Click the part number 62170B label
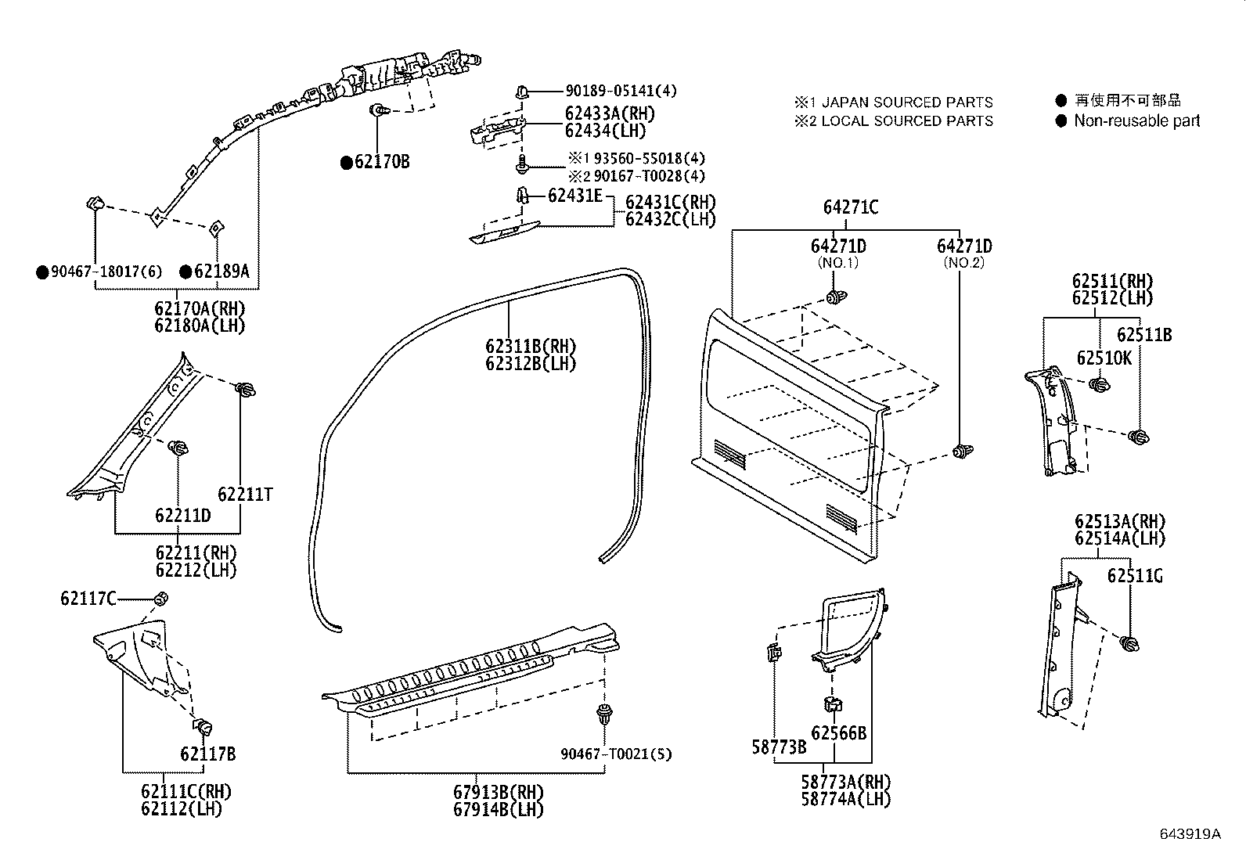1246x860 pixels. pos(382,162)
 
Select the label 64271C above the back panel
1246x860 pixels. pos(850,207)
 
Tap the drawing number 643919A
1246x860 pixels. pos(1190,833)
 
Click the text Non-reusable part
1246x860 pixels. pos(1136,121)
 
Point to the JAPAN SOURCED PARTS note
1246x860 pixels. pos(893,103)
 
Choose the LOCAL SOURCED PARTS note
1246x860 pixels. pos(893,121)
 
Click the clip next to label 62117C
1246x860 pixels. pos(160,599)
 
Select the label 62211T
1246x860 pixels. pos(245,494)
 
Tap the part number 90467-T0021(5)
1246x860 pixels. pos(616,754)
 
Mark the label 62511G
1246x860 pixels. pos(1134,576)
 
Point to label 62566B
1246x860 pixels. pos(838,733)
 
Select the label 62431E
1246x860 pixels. pos(575,195)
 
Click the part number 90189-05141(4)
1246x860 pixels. pos(621,91)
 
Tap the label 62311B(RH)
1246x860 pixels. pos(530,346)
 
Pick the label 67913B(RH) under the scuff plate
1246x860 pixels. pos(498,791)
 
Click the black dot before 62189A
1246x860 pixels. pos(185,272)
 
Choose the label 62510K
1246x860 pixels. pos(1104,358)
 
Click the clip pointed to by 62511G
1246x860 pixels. pos(1129,643)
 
